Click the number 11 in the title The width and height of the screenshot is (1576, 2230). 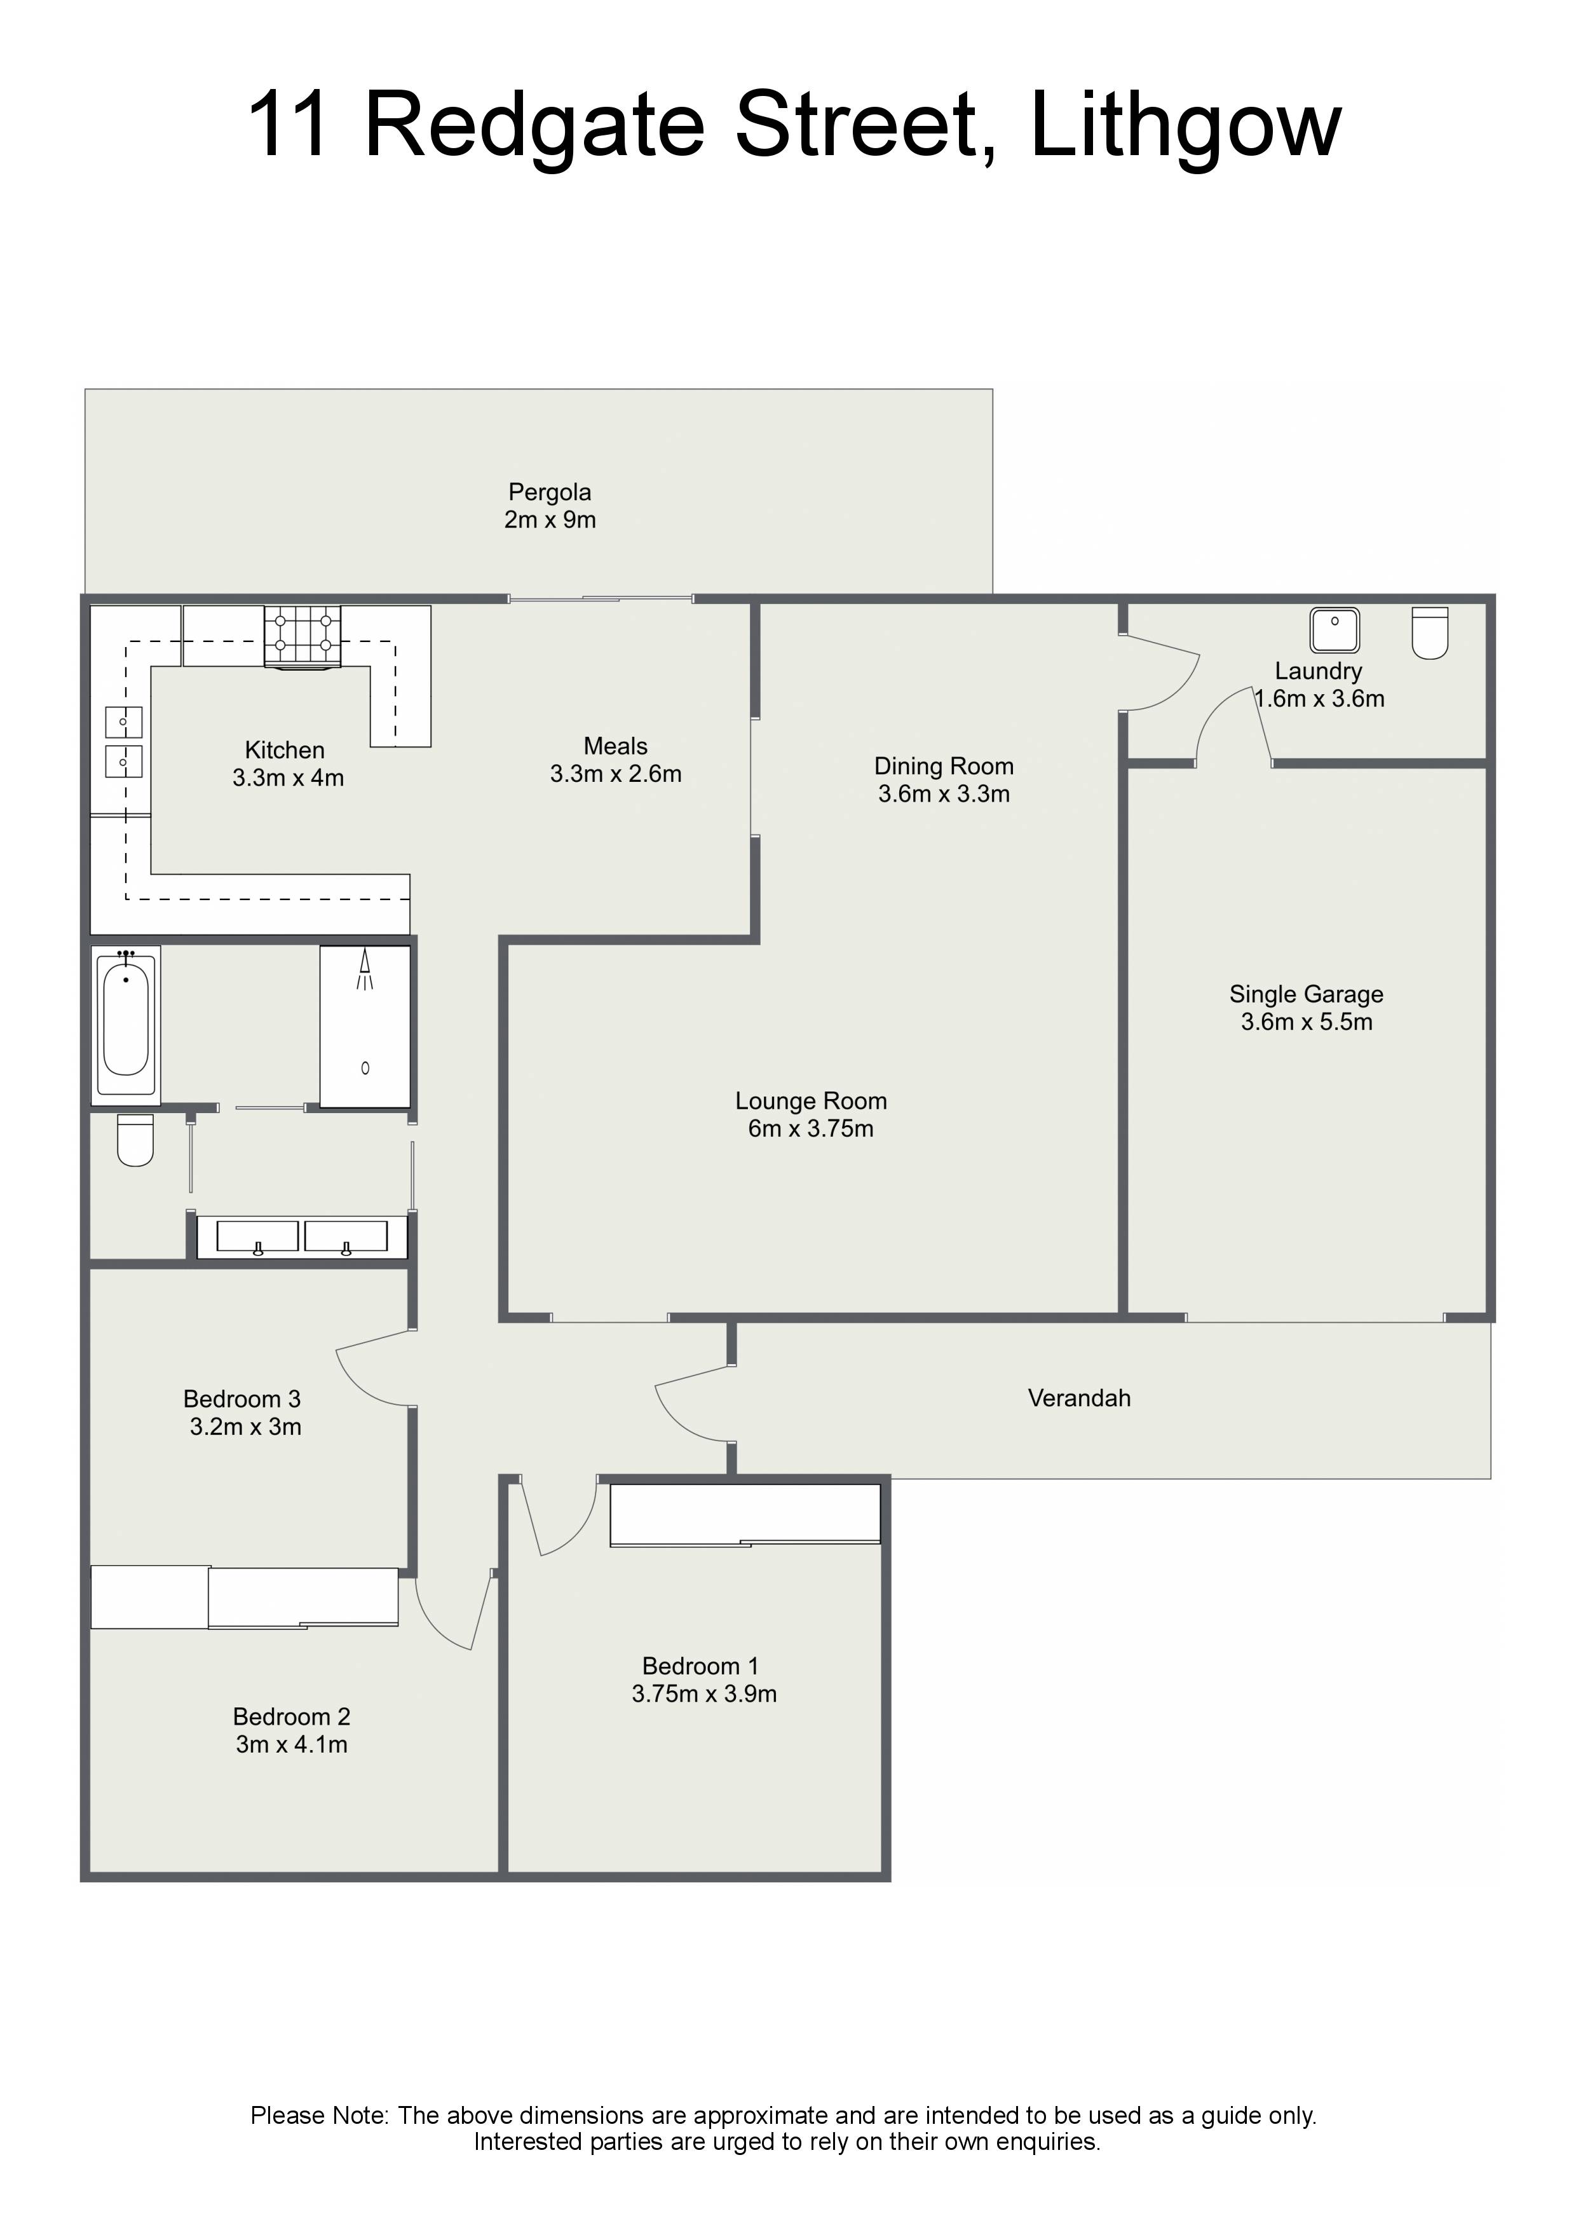289,125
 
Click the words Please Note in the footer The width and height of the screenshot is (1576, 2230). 320,2116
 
